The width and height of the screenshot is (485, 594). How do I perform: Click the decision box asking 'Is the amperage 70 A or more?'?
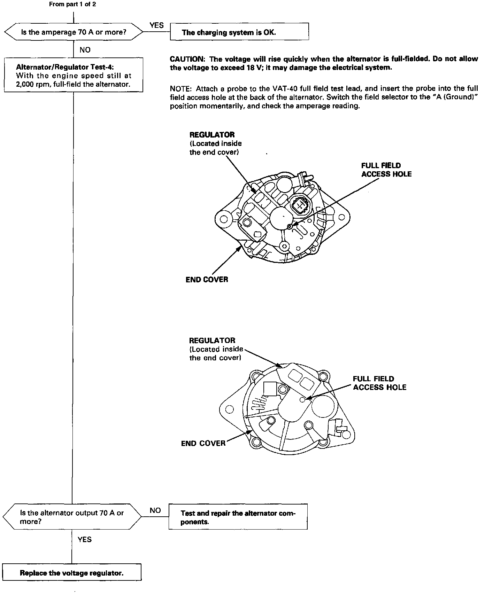pos(74,32)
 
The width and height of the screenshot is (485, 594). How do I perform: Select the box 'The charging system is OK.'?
pos(239,32)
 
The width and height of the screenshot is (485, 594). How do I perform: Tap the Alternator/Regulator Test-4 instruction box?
pos(74,75)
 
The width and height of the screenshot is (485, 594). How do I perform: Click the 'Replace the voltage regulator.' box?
pos(72,573)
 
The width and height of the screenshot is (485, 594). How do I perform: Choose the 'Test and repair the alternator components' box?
pos(238,517)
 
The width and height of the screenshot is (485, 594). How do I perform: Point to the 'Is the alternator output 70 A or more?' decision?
pos(72,517)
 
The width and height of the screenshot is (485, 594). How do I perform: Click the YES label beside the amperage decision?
pos(156,25)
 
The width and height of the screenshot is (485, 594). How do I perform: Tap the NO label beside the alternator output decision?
pos(155,510)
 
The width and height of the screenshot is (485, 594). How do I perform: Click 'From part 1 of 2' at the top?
pos(72,5)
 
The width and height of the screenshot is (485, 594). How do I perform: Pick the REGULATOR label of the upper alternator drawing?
pos(212,135)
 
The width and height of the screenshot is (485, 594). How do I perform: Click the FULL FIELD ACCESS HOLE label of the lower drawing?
pos(379,383)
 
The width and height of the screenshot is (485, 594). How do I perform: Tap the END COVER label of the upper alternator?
pos(207,280)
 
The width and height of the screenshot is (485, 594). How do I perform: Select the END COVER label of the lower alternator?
pos(203,443)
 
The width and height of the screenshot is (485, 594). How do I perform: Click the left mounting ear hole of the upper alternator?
pos(224,219)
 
